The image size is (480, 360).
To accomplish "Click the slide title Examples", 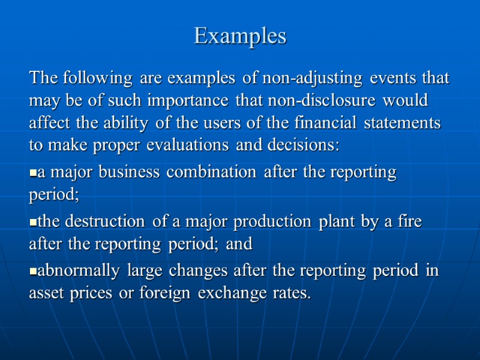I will (240, 37).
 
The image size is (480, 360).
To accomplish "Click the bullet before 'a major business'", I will (33, 173).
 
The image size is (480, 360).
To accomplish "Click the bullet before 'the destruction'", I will (33, 223).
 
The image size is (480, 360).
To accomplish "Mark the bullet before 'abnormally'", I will (33, 272).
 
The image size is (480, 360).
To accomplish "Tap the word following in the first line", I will (97, 78).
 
